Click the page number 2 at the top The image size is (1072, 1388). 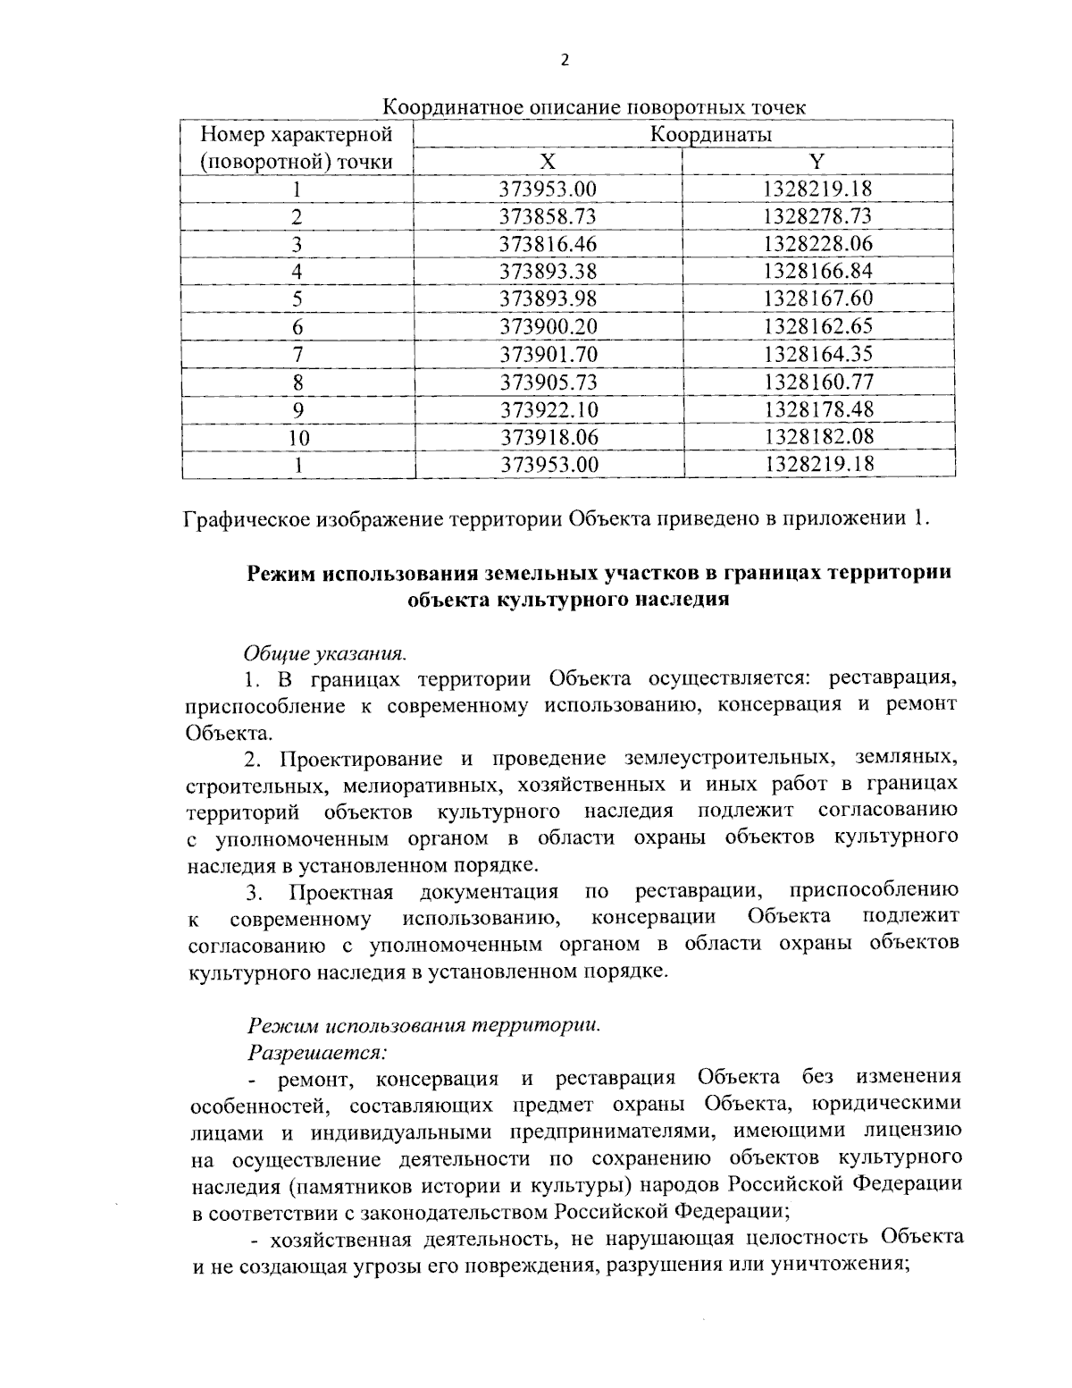[564, 60]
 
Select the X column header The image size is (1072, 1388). [548, 162]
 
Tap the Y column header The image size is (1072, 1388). [817, 162]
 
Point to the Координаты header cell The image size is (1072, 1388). [710, 135]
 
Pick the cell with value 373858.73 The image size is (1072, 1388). [548, 216]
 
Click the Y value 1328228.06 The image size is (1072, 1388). [817, 244]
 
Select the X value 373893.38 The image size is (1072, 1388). [548, 272]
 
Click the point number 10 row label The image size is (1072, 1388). [298, 437]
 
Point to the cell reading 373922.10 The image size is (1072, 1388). [548, 409]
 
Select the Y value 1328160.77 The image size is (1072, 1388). [817, 383]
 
